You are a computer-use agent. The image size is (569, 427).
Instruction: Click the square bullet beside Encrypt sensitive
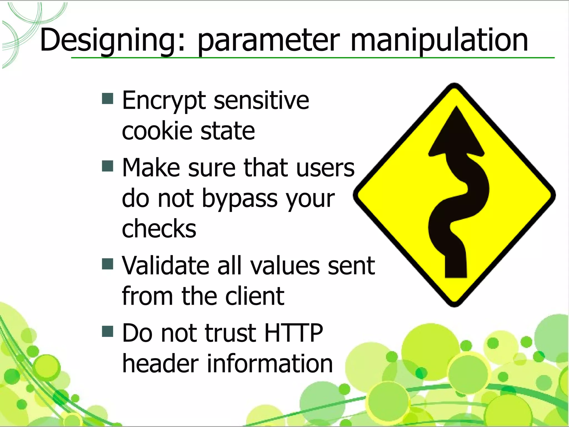(x=108, y=98)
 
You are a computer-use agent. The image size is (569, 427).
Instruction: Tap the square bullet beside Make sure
(x=108, y=166)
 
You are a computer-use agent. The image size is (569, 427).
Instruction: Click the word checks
(x=159, y=229)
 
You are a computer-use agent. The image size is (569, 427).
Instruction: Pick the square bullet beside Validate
(x=108, y=264)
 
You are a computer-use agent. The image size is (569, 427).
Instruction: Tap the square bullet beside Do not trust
(x=108, y=331)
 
